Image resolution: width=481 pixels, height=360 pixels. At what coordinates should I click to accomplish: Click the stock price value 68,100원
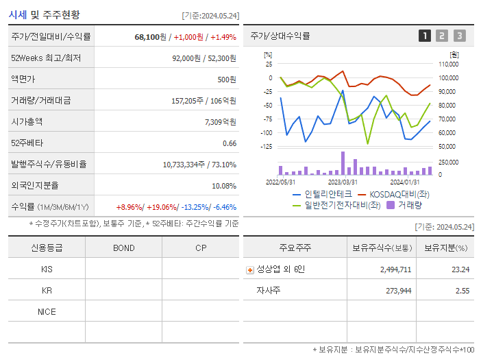coord(150,36)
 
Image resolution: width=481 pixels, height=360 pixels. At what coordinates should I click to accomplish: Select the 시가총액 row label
coord(27,121)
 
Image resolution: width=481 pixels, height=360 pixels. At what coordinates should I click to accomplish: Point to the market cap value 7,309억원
coord(220,121)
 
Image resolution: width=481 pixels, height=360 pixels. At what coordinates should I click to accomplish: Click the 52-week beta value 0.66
coord(230,143)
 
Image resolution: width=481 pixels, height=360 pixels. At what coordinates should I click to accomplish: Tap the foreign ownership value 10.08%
coord(224,186)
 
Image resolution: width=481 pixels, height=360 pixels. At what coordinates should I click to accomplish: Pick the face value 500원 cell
coord(227,79)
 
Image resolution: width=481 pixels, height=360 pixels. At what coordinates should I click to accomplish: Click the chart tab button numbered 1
coord(425,36)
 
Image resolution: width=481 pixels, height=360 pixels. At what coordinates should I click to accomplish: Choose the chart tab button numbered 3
coord(459,36)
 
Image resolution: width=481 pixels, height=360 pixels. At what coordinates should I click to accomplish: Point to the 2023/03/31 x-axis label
coord(343,182)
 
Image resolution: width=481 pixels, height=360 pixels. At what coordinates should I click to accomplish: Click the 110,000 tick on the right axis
coord(448,64)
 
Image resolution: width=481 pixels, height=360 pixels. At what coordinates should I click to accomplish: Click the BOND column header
coord(123,248)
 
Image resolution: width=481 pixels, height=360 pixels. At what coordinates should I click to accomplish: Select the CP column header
coord(200,248)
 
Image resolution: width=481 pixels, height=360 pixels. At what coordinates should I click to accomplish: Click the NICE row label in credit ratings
coord(47,311)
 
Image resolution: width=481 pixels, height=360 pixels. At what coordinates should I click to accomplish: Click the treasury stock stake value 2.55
coord(462,291)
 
